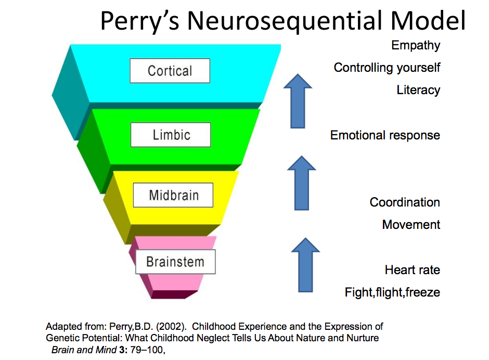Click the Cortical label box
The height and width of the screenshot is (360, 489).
pyautogui.click(x=170, y=71)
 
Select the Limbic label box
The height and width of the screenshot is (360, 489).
pyautogui.click(x=171, y=135)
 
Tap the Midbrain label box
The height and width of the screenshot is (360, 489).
pyautogui.click(x=173, y=195)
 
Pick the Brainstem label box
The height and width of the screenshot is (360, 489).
pyautogui.click(x=175, y=262)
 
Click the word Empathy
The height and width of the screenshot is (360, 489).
pyautogui.click(x=416, y=46)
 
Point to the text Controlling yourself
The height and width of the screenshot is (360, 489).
pyautogui.click(x=387, y=68)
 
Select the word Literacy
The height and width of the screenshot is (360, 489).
pyautogui.click(x=418, y=90)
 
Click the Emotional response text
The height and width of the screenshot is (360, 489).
pyautogui.click(x=385, y=135)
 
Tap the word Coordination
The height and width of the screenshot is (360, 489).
pyautogui.click(x=405, y=202)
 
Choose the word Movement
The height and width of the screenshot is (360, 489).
pyautogui.click(x=411, y=225)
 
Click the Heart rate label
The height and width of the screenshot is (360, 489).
pyautogui.click(x=413, y=270)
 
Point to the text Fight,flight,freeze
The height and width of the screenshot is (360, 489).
pyautogui.click(x=392, y=292)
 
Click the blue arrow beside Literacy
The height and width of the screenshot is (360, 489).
pyautogui.click(x=298, y=101)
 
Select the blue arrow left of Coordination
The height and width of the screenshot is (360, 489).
pyautogui.click(x=302, y=183)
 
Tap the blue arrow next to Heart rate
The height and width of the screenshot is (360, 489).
pyautogui.click(x=305, y=265)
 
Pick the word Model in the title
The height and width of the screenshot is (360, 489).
pyautogui.click(x=428, y=20)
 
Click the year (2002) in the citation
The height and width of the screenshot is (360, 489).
pyautogui.click(x=171, y=327)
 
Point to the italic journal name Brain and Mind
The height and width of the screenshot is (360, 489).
pyautogui.click(x=84, y=350)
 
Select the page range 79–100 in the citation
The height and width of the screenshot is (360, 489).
pyautogui.click(x=147, y=350)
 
